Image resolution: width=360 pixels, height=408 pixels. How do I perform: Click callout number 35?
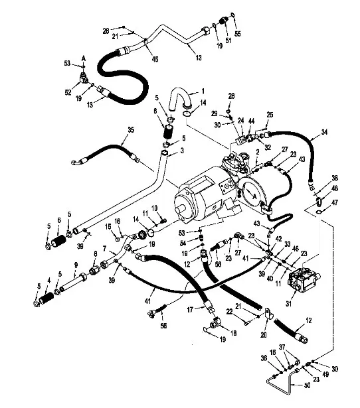[x=131, y=129]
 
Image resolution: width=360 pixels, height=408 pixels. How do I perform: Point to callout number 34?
[x=324, y=132]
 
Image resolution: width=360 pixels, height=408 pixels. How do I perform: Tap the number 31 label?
[x=289, y=303]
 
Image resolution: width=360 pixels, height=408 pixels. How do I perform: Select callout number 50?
[x=308, y=385]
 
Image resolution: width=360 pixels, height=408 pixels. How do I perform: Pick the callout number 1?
[x=203, y=92]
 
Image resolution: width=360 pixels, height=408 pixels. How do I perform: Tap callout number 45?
[x=155, y=59]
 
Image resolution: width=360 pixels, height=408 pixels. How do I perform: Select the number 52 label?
[x=68, y=92]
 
